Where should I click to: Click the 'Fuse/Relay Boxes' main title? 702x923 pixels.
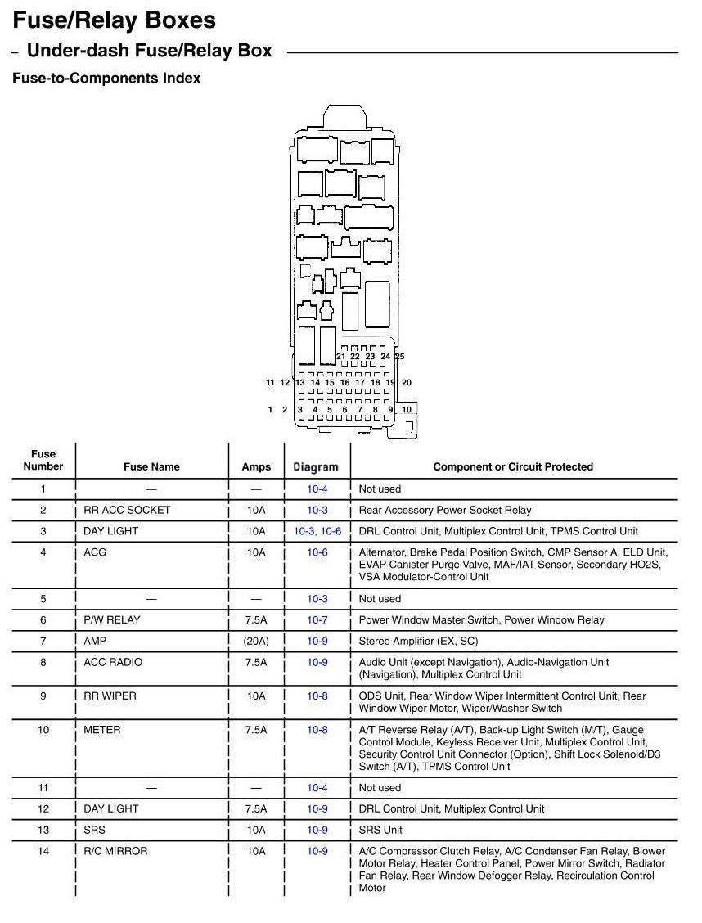[x=115, y=20]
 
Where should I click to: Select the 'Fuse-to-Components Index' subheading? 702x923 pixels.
[x=106, y=79]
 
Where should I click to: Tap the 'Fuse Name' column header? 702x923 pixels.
[x=151, y=466]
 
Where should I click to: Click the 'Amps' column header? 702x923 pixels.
[x=256, y=466]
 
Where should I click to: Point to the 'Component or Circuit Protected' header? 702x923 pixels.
[x=513, y=466]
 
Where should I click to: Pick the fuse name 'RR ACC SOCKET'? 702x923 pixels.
[x=127, y=510]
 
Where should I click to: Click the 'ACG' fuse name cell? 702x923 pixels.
[x=95, y=552]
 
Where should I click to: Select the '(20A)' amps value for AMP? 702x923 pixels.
[x=256, y=641]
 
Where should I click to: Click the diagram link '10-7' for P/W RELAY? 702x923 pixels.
[x=317, y=619]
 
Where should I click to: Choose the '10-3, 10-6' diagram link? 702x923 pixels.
[x=317, y=531]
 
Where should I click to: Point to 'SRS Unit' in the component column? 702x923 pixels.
[x=380, y=830]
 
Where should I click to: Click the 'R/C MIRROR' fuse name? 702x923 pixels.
[x=115, y=851]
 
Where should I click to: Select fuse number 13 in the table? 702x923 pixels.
[x=43, y=830]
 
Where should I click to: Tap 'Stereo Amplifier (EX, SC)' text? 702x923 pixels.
[x=418, y=641]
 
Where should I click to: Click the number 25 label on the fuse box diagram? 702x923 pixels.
[x=400, y=357]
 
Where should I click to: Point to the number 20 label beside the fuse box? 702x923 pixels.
[x=407, y=382]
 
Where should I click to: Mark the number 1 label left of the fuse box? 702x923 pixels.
[x=270, y=409]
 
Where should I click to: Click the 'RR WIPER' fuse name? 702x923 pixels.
[x=110, y=696]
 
